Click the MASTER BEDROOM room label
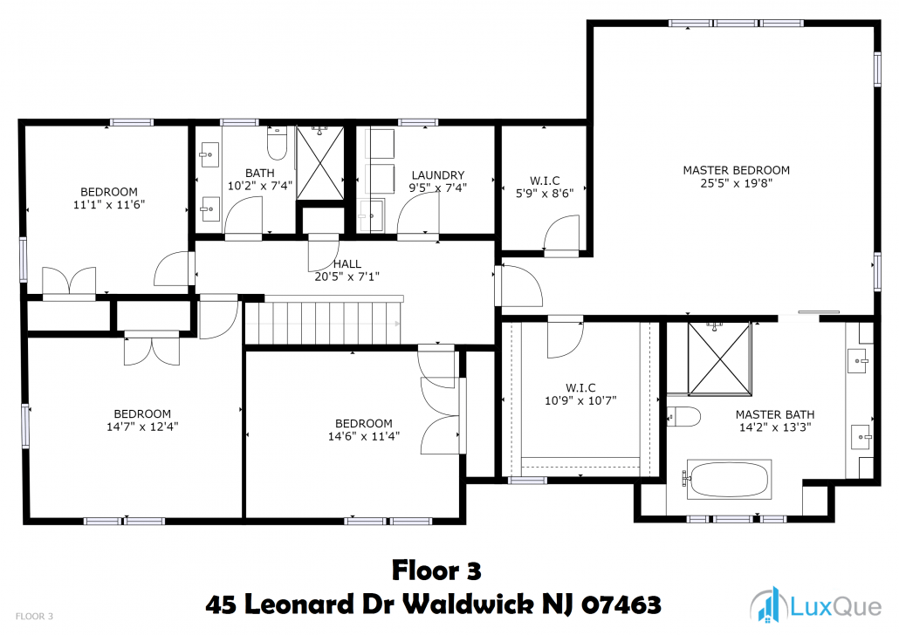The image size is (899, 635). coord(736,170)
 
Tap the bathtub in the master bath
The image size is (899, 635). coord(729,479)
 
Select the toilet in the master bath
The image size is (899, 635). coord(684,417)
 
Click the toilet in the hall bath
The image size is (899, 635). coord(277,143)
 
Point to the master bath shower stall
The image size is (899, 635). coord(719,358)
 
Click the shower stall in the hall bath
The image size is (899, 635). coord(320,163)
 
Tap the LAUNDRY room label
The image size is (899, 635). coord(438,174)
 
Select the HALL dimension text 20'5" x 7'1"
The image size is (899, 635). coord(347,277)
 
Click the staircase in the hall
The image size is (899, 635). coord(325,322)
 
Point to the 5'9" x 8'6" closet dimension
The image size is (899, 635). coord(545,193)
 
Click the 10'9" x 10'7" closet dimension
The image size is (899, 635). coord(580,400)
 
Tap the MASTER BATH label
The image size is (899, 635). coord(774,414)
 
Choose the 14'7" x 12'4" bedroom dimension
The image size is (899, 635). coord(142,427)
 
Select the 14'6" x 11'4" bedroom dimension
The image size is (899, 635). coord(363,436)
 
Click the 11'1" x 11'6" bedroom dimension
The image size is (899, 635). coord(109,205)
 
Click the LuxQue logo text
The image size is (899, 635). coord(836,606)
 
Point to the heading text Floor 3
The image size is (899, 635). coord(436,570)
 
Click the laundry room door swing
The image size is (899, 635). coord(419,213)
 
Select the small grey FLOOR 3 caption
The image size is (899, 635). coord(34,617)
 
